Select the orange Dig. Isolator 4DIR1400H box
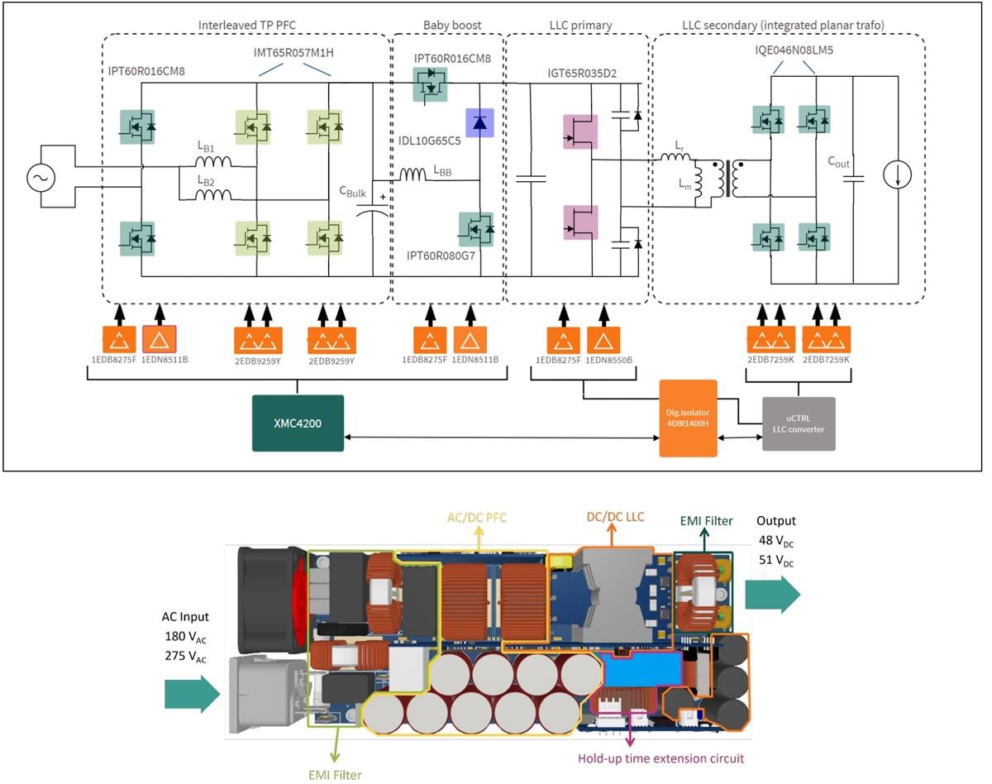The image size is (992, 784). pos(689,418)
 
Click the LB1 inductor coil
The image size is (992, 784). pos(212,162)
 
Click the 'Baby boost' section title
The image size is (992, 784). pos(446,25)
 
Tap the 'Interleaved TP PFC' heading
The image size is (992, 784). pos(246,25)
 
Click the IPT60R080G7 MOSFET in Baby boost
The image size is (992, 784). pos(477,229)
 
